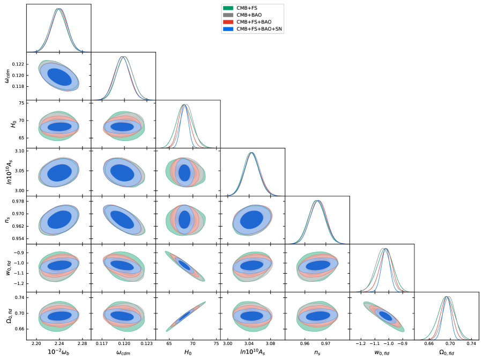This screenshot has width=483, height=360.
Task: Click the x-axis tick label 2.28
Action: pos(82,342)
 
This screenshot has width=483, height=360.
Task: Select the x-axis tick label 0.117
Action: pos(103,342)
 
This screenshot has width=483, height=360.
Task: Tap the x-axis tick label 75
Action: pos(216,342)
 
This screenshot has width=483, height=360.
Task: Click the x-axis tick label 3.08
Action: pos(270,342)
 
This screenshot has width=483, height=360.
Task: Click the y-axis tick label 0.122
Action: pos(17,64)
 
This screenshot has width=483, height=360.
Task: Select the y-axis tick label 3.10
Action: pos(18,152)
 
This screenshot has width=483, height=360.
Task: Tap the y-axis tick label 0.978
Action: pos(17,201)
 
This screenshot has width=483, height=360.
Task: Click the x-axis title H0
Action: pos(188,351)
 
